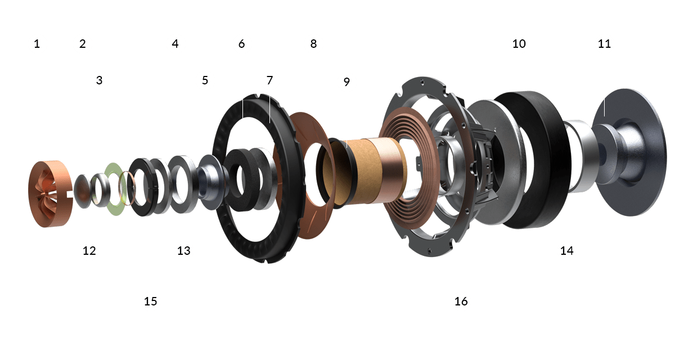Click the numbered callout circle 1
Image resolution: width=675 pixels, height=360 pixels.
37,43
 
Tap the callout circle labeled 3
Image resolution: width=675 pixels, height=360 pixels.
100,80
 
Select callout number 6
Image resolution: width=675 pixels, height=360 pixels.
242,43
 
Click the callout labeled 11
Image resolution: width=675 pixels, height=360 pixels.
605,43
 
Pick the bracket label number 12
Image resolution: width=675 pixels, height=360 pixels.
90,251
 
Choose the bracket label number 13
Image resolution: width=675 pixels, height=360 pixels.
184,251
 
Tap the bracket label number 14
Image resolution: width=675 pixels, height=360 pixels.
567,251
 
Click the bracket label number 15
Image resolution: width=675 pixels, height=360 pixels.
151,301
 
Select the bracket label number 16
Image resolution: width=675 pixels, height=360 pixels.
461,301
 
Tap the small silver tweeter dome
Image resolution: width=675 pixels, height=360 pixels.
84,191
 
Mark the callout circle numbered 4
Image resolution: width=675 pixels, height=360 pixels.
176,43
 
